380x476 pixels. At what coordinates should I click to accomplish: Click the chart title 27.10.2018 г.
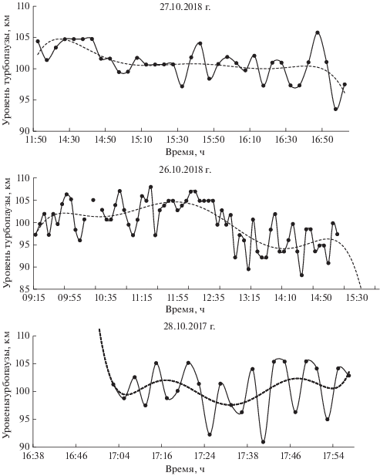click(185, 7)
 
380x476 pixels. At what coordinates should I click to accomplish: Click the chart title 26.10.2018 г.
click(185, 169)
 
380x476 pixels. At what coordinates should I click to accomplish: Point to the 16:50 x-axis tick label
click(322, 140)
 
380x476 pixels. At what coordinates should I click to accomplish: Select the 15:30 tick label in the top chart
click(178, 140)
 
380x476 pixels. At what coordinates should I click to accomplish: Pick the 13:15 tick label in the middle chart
click(251, 297)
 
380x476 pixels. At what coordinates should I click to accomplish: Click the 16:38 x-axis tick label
click(34, 455)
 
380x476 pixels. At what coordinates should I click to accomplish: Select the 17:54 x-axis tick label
click(333, 455)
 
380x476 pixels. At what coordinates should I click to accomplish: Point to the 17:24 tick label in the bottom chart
click(205, 455)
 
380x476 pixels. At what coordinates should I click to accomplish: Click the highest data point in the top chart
click(318, 32)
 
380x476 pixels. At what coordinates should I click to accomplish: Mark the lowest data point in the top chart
click(336, 109)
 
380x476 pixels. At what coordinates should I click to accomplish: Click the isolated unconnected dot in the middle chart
click(93, 200)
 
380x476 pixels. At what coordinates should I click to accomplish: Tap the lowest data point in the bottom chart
click(263, 442)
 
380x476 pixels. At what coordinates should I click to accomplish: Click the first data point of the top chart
click(38, 42)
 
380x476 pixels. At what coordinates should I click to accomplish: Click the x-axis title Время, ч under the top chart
click(185, 151)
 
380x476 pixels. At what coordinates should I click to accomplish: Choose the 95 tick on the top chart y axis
click(25, 100)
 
